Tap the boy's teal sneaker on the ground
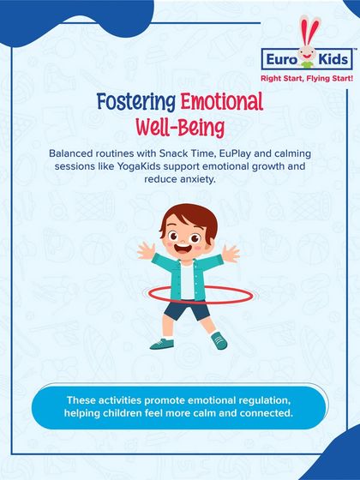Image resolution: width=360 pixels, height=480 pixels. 219,341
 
